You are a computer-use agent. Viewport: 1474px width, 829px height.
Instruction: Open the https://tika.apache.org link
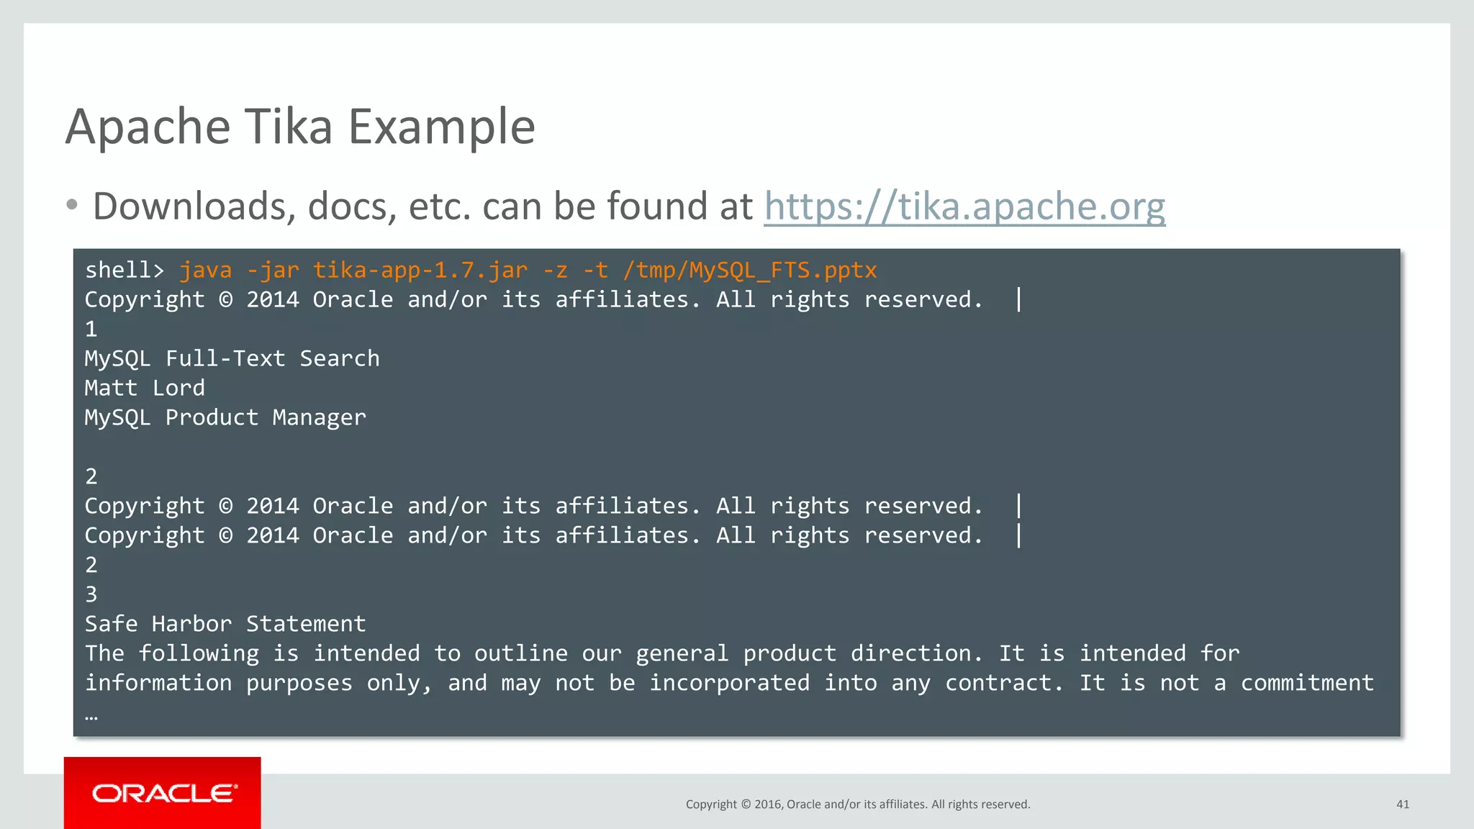[964, 207]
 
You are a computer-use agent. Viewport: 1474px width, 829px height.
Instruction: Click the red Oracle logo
[163, 793]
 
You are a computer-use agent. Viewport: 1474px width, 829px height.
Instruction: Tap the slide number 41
[1403, 805]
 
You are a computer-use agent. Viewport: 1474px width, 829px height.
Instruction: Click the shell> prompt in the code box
[125, 271]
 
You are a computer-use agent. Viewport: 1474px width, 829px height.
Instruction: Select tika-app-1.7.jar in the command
[420, 271]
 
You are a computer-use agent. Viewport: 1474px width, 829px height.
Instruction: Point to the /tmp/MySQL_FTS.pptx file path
[750, 271]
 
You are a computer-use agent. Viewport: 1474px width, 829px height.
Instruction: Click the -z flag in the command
[555, 271]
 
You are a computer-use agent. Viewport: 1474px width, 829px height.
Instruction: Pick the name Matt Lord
[145, 389]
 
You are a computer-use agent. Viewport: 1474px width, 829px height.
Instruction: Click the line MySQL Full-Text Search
[232, 359]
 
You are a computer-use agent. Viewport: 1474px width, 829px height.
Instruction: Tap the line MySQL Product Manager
[225, 418]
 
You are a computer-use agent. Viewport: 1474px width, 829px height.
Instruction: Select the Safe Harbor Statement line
[225, 624]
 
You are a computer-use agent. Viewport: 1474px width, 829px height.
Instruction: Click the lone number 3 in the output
[91, 594]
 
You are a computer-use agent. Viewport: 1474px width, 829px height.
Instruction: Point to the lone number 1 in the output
[91, 330]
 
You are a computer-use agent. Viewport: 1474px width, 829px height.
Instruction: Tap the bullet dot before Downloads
[71, 205]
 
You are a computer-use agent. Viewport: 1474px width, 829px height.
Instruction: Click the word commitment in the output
[1307, 683]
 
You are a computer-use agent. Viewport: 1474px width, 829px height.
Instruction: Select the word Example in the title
[442, 127]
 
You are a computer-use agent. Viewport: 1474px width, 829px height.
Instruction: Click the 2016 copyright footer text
[858, 805]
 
